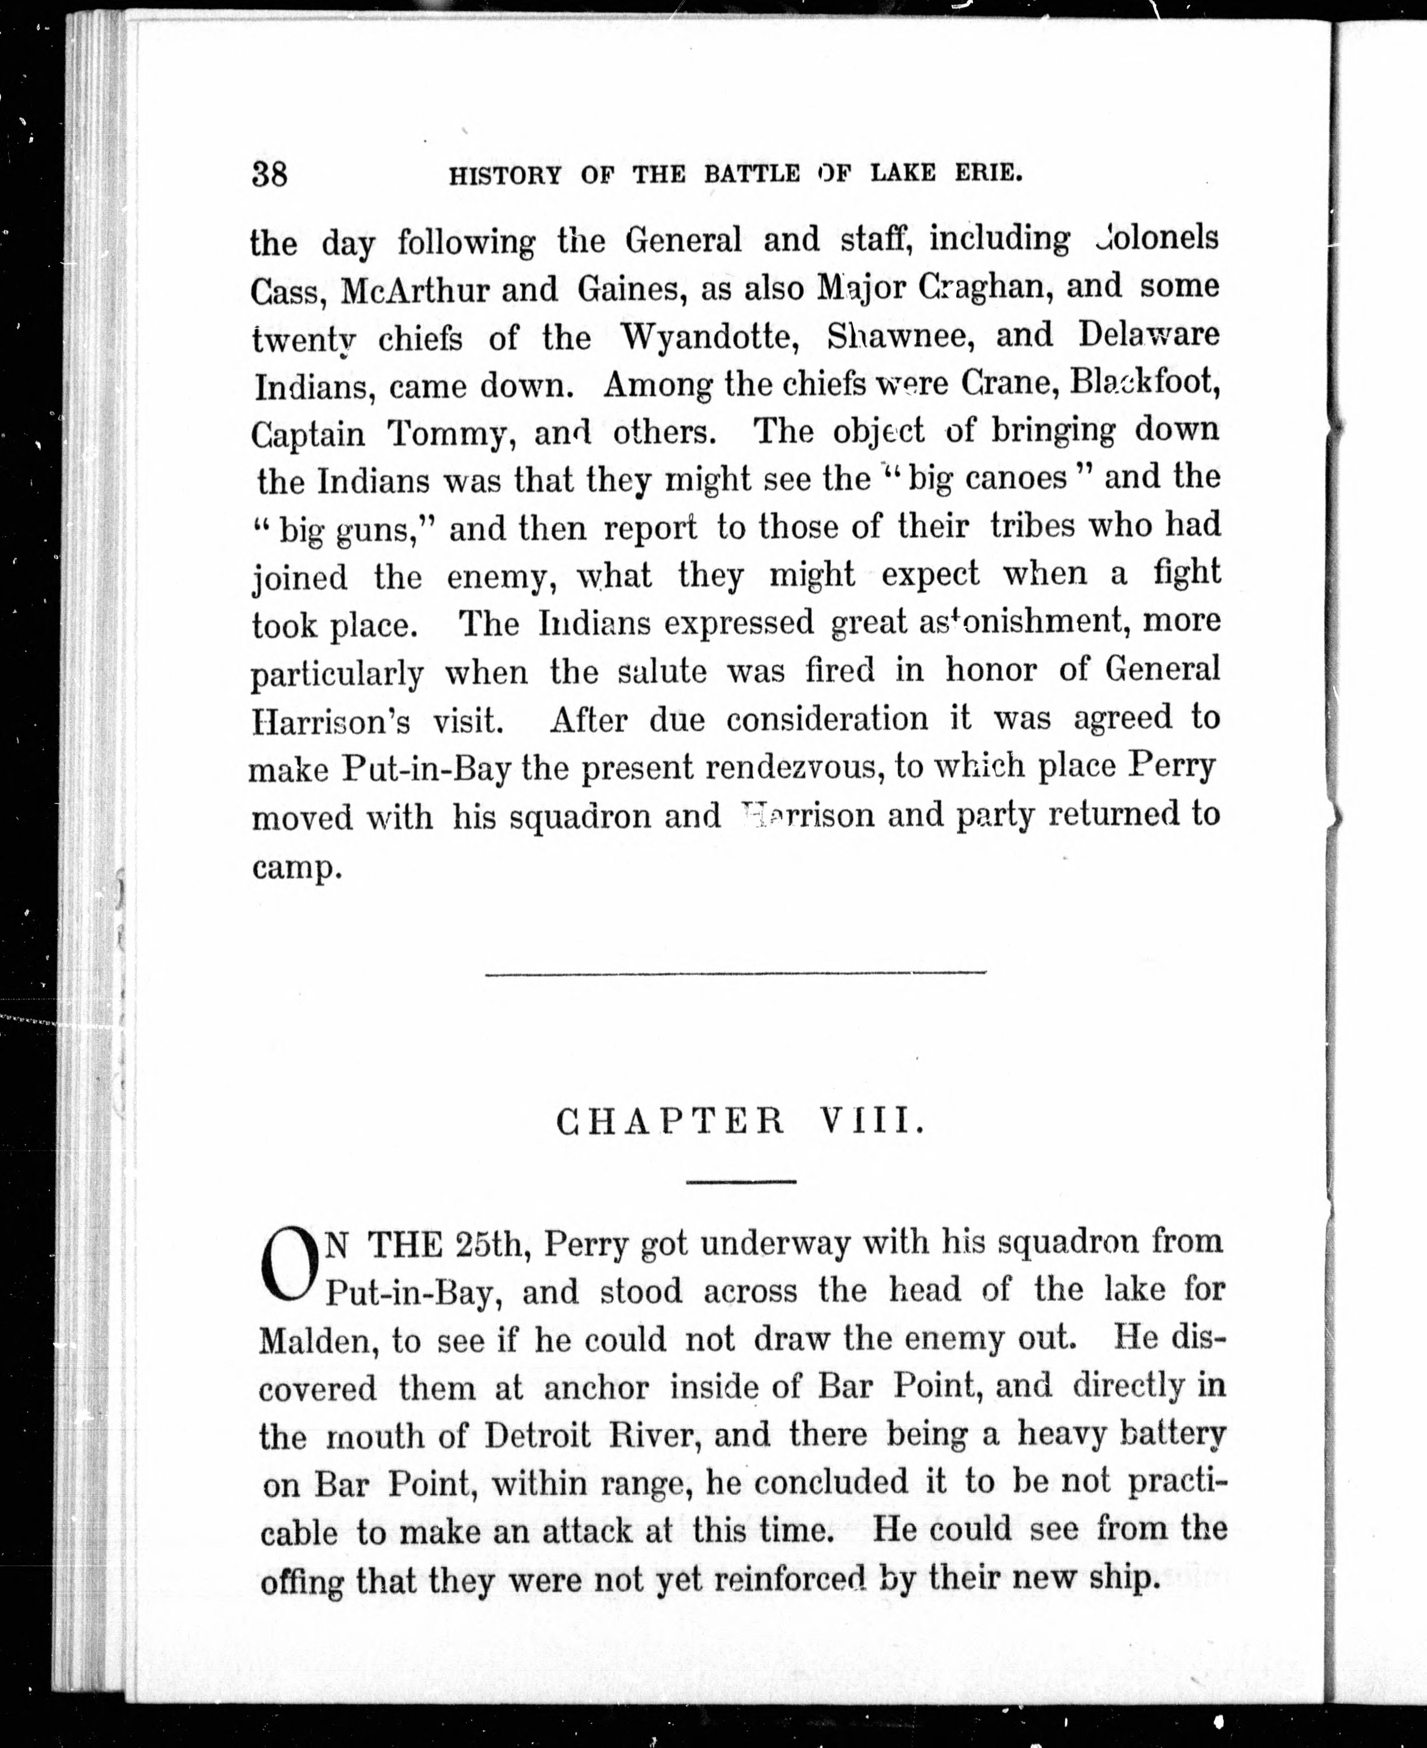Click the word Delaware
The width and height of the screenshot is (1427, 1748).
[1148, 335]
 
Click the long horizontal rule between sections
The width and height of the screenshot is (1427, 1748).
[735, 974]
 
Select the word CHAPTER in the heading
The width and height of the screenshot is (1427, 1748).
[670, 1122]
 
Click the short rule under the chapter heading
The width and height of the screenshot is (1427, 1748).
[741, 1182]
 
